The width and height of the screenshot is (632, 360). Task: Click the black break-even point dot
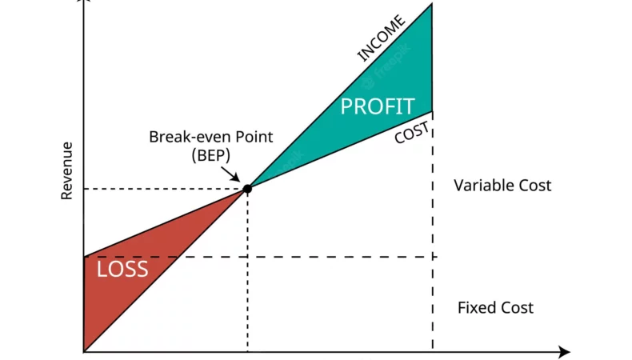point(247,189)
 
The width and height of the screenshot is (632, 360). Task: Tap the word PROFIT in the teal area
point(378,106)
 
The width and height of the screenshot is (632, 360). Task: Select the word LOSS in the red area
point(122,269)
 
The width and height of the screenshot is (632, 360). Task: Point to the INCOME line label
point(381,38)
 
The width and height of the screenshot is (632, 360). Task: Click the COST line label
point(413,133)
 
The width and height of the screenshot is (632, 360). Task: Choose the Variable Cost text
point(502,186)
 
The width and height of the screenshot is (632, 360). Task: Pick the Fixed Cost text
point(495,308)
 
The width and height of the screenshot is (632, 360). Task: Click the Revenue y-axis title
point(67,170)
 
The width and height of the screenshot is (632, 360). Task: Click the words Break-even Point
point(211,137)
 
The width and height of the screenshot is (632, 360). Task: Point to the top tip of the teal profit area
point(431,6)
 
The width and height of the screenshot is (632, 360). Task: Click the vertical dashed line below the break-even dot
point(247,272)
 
